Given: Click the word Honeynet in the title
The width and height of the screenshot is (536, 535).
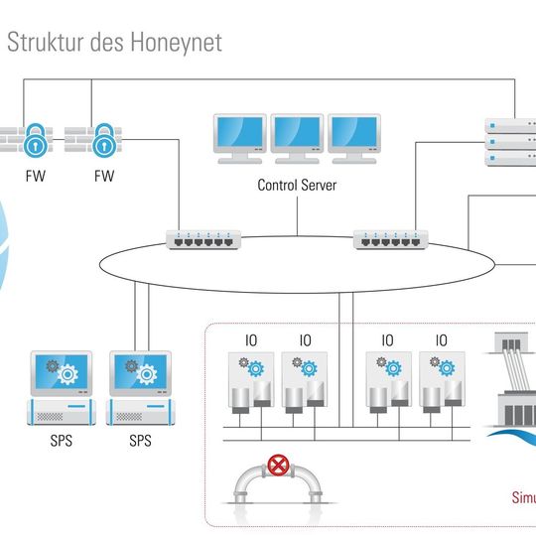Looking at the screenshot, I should pos(176,42).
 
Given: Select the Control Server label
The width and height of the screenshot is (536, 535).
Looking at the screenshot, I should pos(297,185).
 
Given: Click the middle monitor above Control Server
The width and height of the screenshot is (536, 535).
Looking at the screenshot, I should pos(297,137).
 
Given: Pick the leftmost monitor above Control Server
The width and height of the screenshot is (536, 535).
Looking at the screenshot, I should pos(239,137).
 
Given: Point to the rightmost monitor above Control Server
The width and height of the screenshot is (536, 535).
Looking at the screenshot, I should pos(354,137).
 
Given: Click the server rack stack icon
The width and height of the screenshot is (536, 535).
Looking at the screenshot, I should pos(508,143).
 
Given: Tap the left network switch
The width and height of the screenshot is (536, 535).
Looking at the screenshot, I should pos(203,239).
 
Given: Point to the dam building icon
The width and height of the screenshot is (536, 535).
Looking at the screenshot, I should pos(510,392).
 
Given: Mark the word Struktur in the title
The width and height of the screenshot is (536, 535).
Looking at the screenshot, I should pos(43,42).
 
